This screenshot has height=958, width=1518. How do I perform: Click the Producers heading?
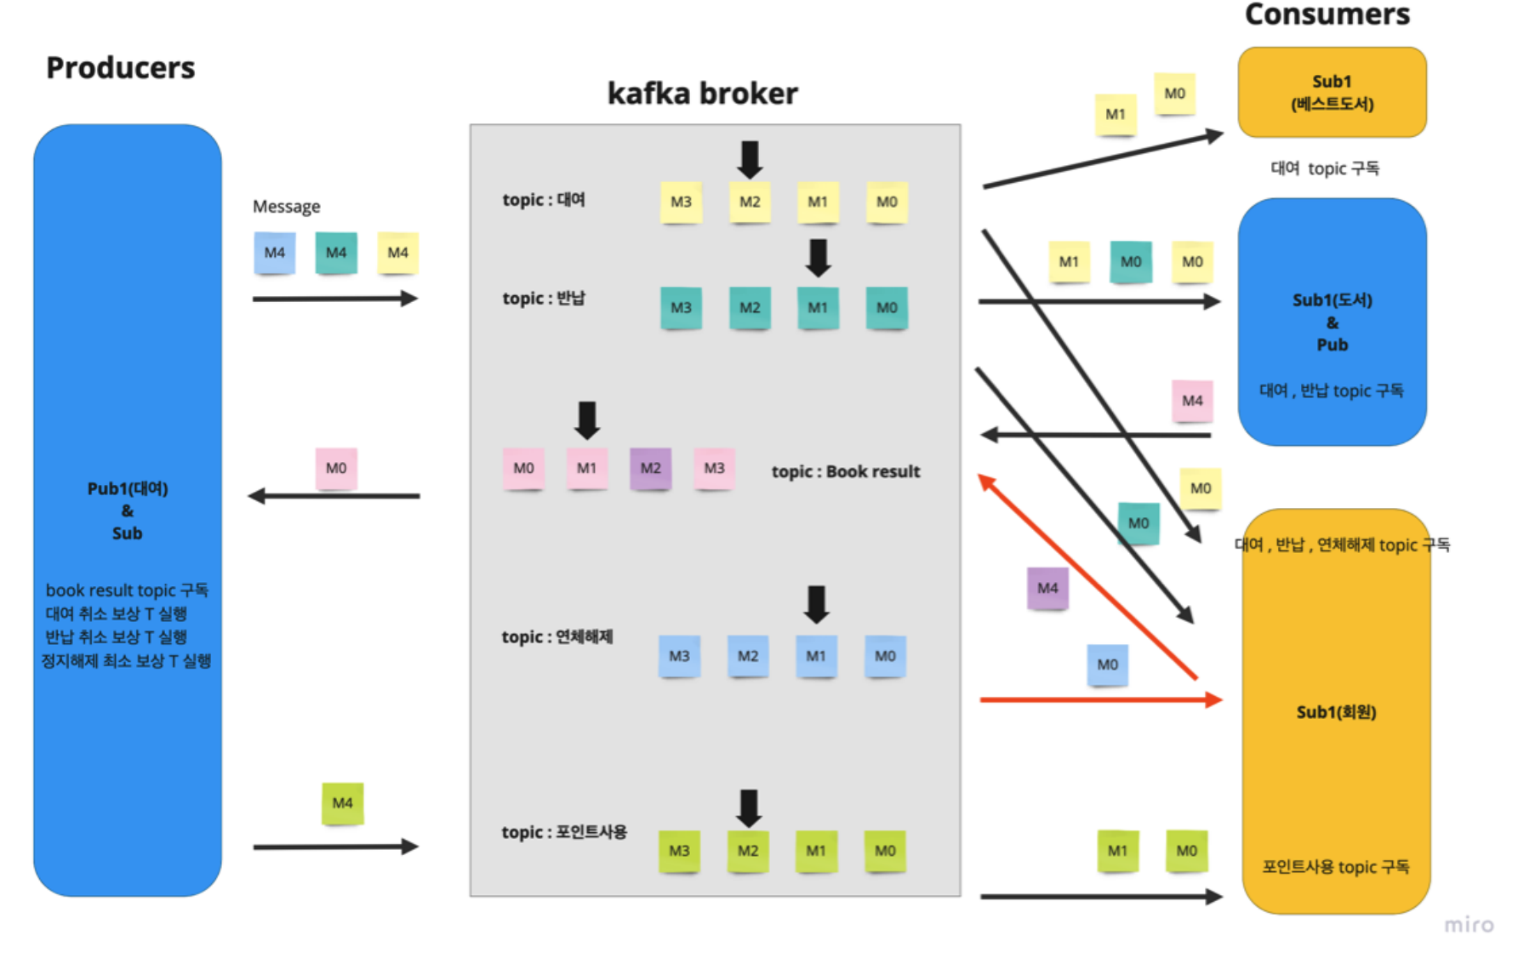click(120, 68)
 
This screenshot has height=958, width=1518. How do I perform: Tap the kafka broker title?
click(702, 94)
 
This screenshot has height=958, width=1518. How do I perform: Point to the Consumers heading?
click(1327, 14)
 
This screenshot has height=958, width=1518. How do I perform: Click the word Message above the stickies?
click(286, 207)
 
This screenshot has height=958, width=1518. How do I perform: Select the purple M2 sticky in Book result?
click(650, 469)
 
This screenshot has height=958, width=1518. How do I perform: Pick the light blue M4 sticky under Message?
click(274, 253)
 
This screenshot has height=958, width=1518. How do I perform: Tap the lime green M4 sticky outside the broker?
click(342, 803)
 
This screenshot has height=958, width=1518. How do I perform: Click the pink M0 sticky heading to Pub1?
click(336, 468)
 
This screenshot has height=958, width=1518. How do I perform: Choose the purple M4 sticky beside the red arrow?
click(1047, 588)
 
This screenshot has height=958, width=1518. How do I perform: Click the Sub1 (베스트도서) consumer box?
click(1332, 93)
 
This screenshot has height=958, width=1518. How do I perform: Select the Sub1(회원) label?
click(1336, 712)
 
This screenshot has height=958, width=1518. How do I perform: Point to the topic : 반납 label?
click(544, 299)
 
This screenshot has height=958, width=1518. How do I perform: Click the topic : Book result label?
click(845, 471)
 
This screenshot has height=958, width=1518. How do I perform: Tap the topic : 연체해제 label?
click(556, 637)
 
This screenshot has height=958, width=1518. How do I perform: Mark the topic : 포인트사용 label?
click(563, 832)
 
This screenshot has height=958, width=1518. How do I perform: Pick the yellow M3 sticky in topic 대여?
click(681, 202)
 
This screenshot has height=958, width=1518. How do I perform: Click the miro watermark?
click(1469, 925)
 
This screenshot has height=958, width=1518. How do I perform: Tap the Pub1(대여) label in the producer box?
click(128, 488)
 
